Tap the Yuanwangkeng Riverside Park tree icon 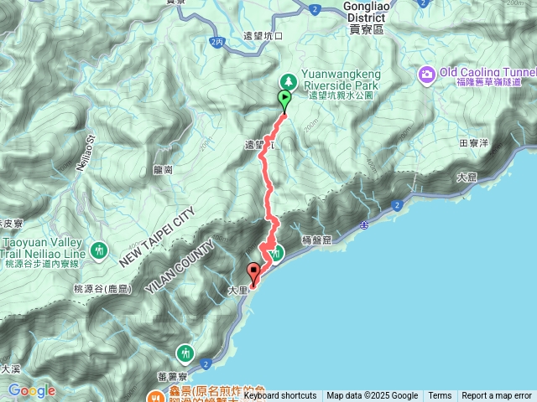click(x=288, y=80)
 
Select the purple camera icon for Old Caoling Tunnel click(x=427, y=76)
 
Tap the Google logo click(x=31, y=390)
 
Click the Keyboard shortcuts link click(x=280, y=396)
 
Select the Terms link click(x=440, y=396)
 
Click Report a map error click(x=497, y=396)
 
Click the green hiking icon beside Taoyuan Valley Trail click(x=100, y=250)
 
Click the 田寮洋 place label click(x=475, y=143)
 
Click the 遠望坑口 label click(x=263, y=36)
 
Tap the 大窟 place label click(x=467, y=178)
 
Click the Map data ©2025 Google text click(x=372, y=396)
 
